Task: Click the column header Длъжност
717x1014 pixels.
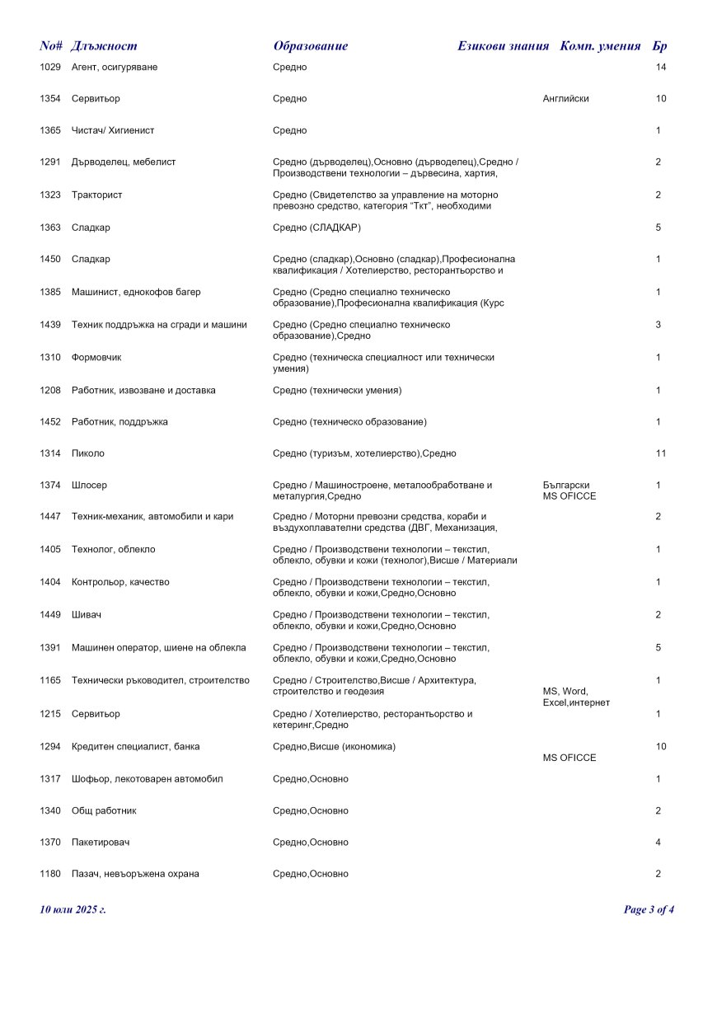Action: coord(104,46)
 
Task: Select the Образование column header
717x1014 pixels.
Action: coord(310,46)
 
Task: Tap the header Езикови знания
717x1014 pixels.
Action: coord(503,46)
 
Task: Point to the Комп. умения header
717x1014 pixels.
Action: coord(600,46)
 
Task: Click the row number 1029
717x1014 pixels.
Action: coord(50,67)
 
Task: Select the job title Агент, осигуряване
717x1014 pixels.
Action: coord(115,67)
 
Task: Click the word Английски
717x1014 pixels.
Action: coord(565,99)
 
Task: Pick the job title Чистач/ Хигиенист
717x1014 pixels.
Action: coord(113,130)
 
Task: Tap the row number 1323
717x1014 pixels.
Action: coord(50,195)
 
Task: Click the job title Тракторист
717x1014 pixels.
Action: coord(96,195)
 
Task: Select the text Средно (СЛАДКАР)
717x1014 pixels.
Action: coord(316,227)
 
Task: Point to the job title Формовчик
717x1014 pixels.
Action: coord(96,357)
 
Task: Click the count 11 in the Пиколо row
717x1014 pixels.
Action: coord(661,453)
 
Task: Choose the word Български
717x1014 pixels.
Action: coord(566,485)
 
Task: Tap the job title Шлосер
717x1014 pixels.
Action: coord(89,485)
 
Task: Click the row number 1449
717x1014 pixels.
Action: coord(50,614)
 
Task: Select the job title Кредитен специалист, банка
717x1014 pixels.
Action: coord(135,746)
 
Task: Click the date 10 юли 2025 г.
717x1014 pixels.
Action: coord(73,909)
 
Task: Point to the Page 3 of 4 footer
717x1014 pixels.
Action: coord(649,909)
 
